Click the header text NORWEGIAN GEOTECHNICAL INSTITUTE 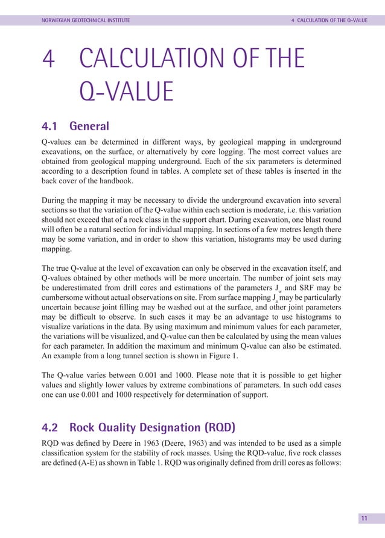(85, 20)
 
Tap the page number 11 (364, 518)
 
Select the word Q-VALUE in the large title (126, 93)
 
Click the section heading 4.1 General (75, 127)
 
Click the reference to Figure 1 (220, 356)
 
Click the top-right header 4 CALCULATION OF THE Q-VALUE (329, 20)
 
